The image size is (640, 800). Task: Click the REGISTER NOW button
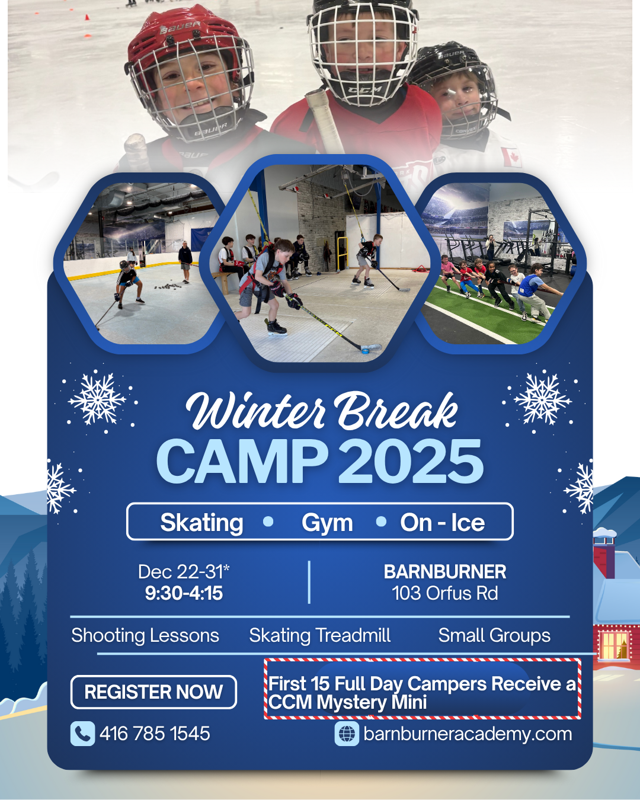(x=153, y=692)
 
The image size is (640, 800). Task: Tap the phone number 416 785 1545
(x=155, y=734)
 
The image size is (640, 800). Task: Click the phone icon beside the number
(x=82, y=734)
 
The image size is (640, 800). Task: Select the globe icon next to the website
(x=347, y=734)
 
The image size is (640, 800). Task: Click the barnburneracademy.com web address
(x=468, y=734)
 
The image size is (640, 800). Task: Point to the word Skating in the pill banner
(x=201, y=523)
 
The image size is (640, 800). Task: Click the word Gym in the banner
(x=327, y=523)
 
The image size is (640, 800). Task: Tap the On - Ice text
(x=442, y=523)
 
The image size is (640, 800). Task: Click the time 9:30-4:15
(x=184, y=593)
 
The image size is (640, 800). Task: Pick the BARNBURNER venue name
(x=445, y=572)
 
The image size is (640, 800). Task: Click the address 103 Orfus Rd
(x=445, y=593)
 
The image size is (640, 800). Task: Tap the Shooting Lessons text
(x=145, y=635)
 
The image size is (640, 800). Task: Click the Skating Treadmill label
(x=319, y=635)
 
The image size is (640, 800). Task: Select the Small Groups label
(x=494, y=635)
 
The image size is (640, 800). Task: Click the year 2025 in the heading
(x=411, y=462)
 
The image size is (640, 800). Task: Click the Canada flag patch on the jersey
(x=511, y=157)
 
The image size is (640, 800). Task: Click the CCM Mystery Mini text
(x=347, y=703)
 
